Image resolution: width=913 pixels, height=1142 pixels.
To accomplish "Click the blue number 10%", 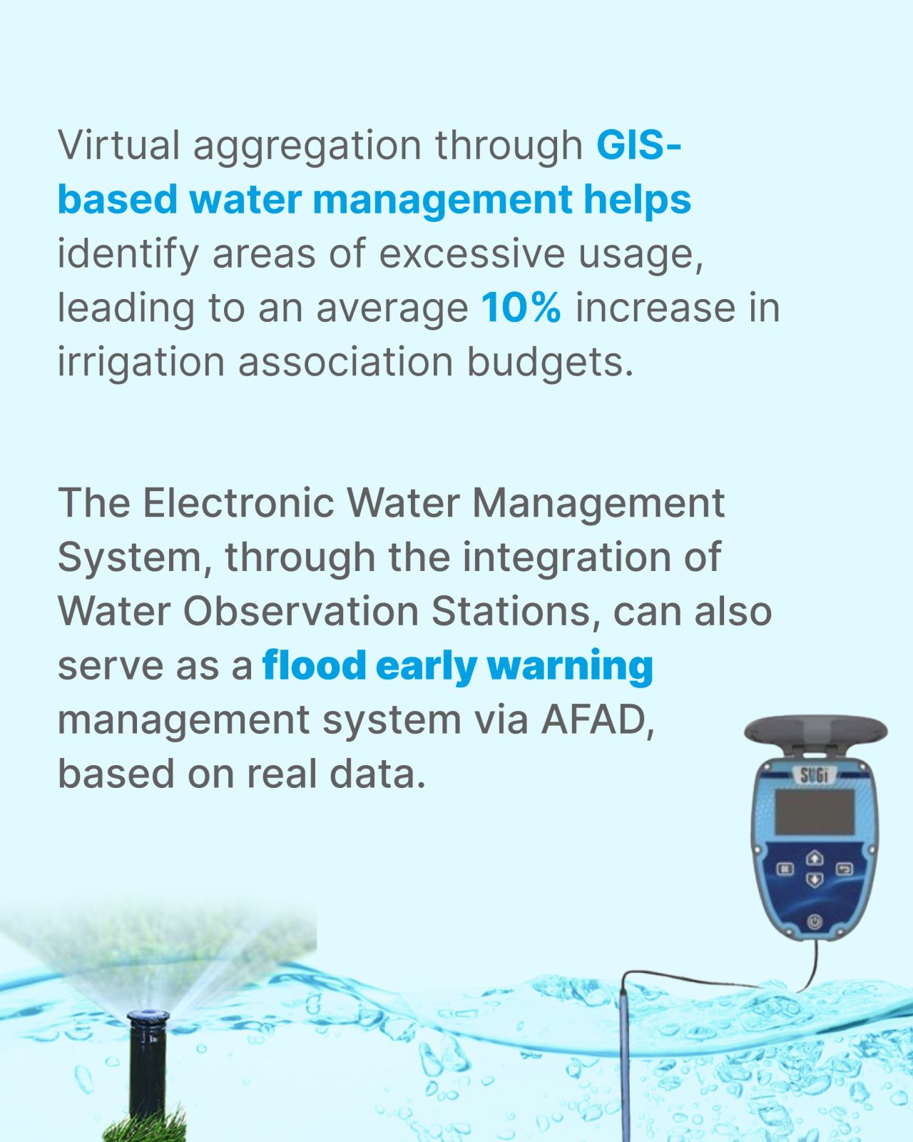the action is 521,307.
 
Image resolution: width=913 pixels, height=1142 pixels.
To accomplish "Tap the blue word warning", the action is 569,667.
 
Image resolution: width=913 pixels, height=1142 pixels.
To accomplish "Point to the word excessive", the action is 471,253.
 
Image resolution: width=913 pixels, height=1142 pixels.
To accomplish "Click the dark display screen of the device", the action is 815,812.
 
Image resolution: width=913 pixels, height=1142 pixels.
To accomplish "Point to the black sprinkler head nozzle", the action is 148,1017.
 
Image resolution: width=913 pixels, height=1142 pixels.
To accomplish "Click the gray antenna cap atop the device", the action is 816,732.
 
